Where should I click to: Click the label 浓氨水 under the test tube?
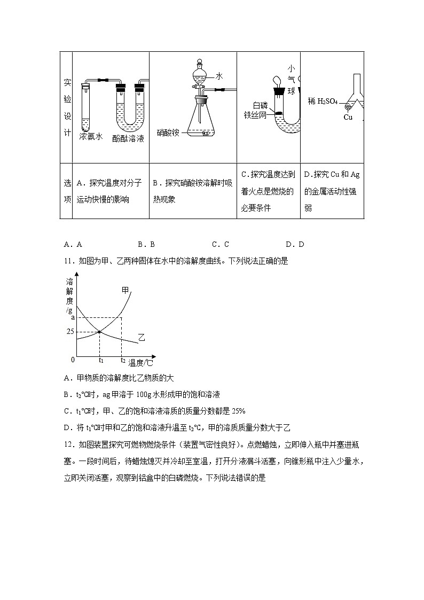[91, 137]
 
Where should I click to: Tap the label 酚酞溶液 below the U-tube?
[128, 138]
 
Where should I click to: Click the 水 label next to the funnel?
[219, 77]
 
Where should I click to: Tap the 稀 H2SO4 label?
[323, 101]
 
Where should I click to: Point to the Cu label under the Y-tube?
[348, 117]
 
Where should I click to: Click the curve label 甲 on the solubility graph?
[125, 290]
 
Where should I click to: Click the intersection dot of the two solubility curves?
[99, 332]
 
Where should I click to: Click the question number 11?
[68, 261]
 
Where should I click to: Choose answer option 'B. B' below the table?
[146, 244]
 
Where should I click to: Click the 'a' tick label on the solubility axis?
[72, 318]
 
